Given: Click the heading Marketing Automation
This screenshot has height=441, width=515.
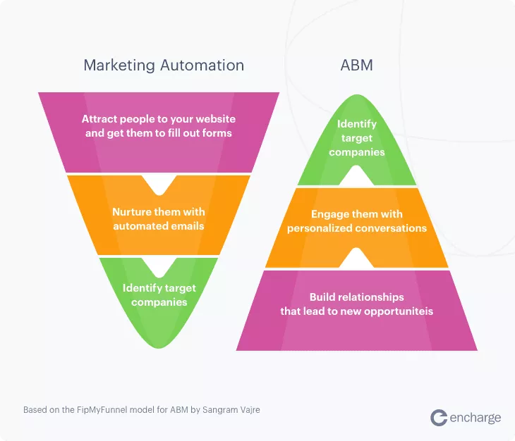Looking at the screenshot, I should pos(164,66).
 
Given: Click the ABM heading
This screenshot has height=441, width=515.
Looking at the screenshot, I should pos(356,66).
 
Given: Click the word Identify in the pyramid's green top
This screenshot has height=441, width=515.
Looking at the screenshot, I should pos(357,124).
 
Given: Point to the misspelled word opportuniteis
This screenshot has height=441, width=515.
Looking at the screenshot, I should pos(399,311).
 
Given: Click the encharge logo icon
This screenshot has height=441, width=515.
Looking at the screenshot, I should pos(439,418).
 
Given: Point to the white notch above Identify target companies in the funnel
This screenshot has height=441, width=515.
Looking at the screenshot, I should pos(159,266).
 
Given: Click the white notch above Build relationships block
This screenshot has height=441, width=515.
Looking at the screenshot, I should pos(357,259).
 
